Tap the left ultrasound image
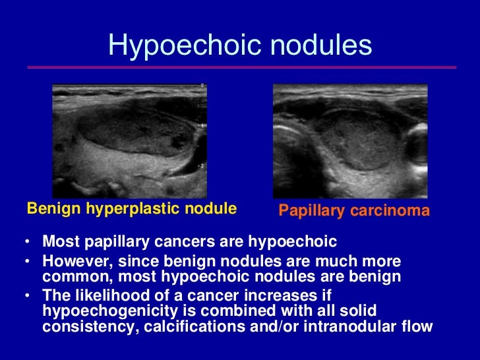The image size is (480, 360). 130,140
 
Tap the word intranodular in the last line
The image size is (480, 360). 357,326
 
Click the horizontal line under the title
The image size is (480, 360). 241,68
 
